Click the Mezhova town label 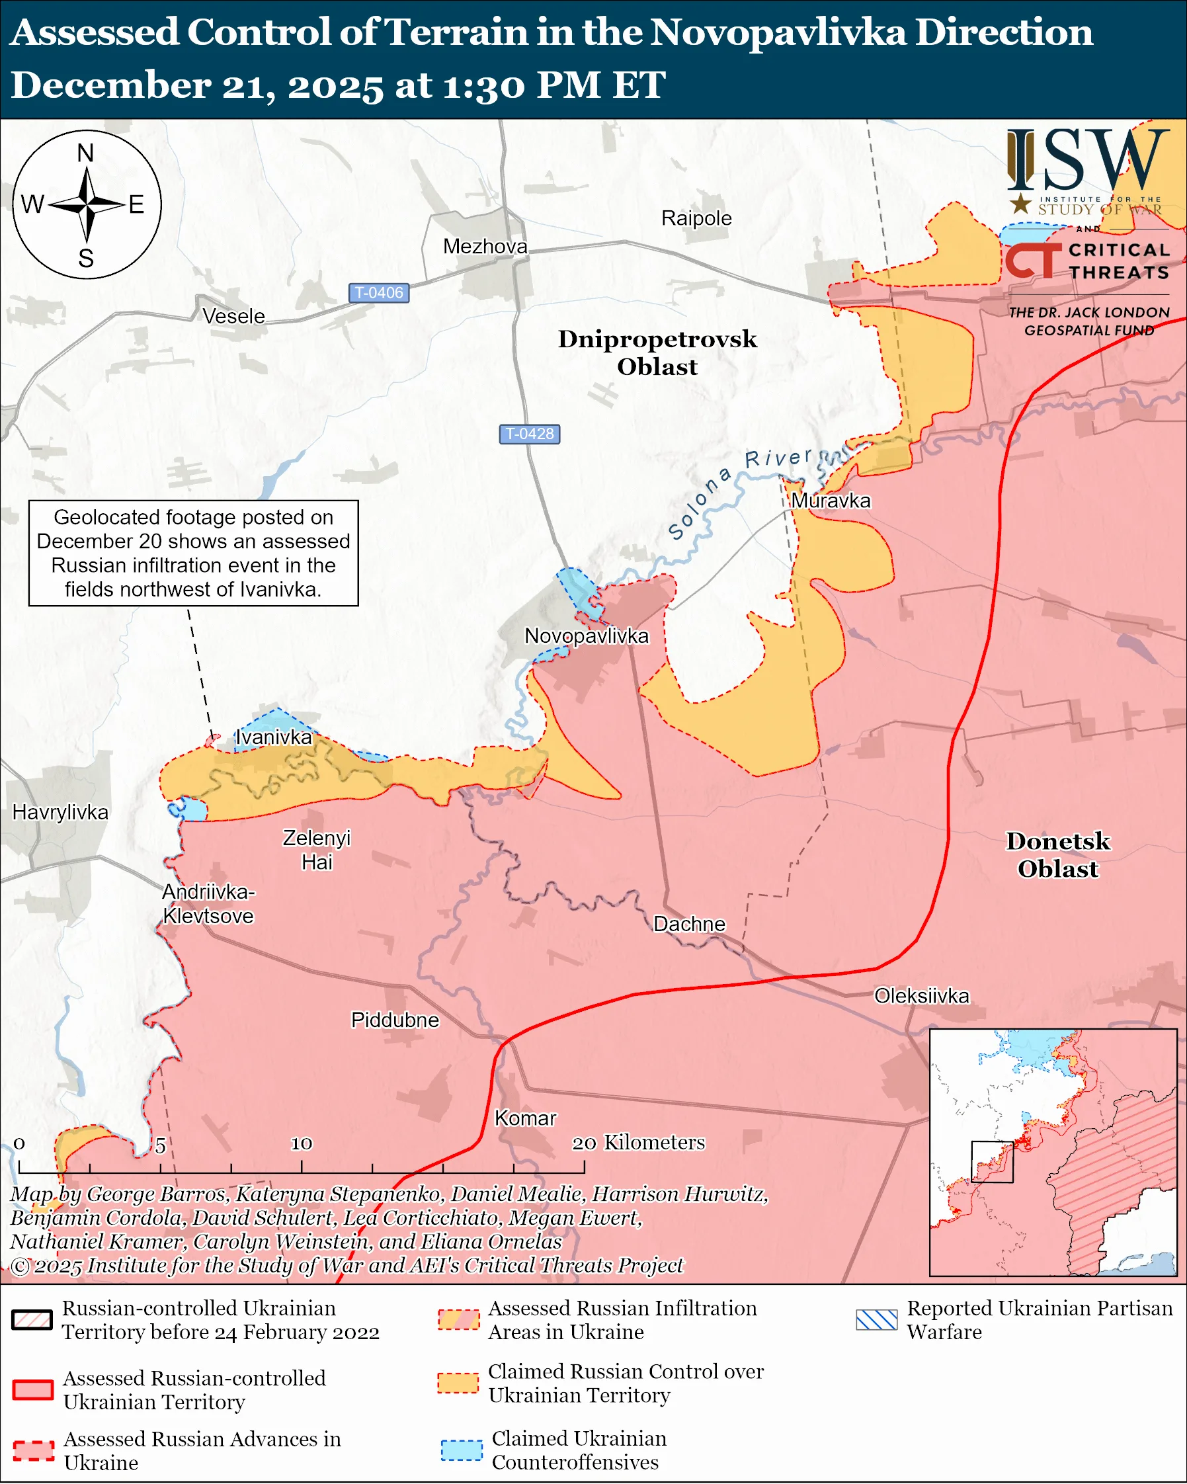tap(485, 247)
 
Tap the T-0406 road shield tap(378, 292)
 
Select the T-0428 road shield tap(529, 434)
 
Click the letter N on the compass tap(85, 153)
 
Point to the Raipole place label tap(696, 218)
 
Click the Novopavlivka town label tap(587, 636)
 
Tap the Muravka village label tap(831, 501)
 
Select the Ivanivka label tap(274, 737)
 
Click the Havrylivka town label tap(61, 812)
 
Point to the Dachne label tap(689, 924)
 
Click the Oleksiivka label tap(921, 995)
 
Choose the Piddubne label tap(395, 1019)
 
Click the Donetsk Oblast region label tap(1057, 855)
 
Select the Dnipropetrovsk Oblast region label tap(657, 352)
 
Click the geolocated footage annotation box tap(193, 553)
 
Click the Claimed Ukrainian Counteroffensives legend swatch tap(461, 1450)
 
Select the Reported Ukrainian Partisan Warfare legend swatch tap(877, 1319)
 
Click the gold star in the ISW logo tap(1020, 203)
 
